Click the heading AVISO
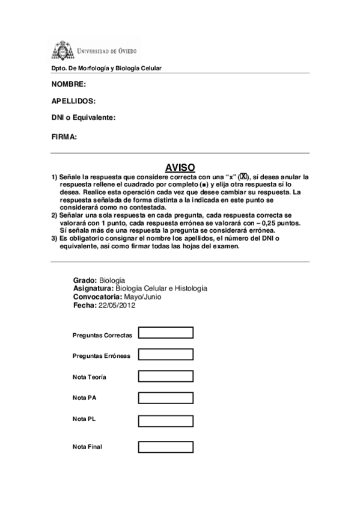pos(180,168)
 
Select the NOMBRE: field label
pos(69,84)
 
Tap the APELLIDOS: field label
pos(74,102)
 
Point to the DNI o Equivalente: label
pos(84,118)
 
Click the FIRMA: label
pos(64,137)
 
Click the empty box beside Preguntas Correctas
pos(165,333)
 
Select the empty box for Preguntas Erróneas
pos(165,354)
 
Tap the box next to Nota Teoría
pos(165,376)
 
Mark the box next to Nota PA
pos(165,398)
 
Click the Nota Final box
pos(165,446)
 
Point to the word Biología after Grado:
pos(112,280)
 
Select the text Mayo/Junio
pos(142,296)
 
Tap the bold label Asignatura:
pos(93,289)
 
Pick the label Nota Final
pos(87,447)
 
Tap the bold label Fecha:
pos(84,305)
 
